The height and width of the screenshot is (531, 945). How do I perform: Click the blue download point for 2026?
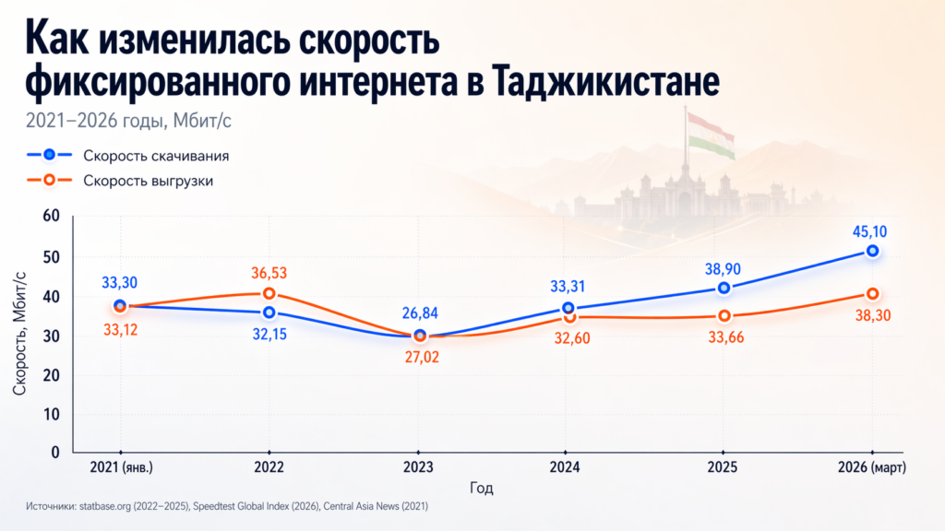point(872,251)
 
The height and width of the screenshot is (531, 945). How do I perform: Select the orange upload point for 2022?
point(269,294)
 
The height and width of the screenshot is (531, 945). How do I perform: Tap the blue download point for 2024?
point(568,309)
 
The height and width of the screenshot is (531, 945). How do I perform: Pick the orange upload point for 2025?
point(724,316)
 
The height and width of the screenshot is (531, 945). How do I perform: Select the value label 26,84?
point(420,313)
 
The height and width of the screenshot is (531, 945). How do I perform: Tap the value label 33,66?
point(724,337)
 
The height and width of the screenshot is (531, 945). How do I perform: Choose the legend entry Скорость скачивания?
point(156,155)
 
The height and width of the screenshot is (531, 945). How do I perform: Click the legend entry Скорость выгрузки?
point(149,181)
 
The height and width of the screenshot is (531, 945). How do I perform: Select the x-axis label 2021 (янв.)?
point(121,468)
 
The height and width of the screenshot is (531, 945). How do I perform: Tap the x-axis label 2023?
point(419,468)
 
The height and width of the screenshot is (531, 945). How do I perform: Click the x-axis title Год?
point(481,488)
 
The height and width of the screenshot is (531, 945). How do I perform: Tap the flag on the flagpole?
point(710,135)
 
